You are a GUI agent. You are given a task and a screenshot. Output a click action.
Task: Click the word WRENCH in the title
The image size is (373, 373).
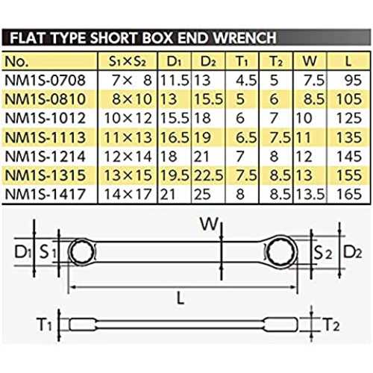click(245, 38)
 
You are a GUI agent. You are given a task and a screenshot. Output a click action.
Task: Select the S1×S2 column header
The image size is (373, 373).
click(127, 61)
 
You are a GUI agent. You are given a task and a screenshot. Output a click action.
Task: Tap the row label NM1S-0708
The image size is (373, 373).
click(45, 81)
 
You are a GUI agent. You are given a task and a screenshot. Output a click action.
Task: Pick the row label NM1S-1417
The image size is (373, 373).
click(45, 194)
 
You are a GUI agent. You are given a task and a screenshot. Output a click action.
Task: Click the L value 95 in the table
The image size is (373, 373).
click(353, 81)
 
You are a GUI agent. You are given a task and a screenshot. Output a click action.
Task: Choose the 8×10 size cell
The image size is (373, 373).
click(132, 99)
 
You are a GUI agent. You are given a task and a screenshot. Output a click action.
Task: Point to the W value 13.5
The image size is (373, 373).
click(310, 194)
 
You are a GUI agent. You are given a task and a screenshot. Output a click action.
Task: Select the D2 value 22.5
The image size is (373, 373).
click(208, 175)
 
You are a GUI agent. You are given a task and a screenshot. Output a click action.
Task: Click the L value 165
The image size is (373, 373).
click(349, 194)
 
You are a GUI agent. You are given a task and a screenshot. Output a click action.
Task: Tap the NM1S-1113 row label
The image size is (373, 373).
click(45, 137)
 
